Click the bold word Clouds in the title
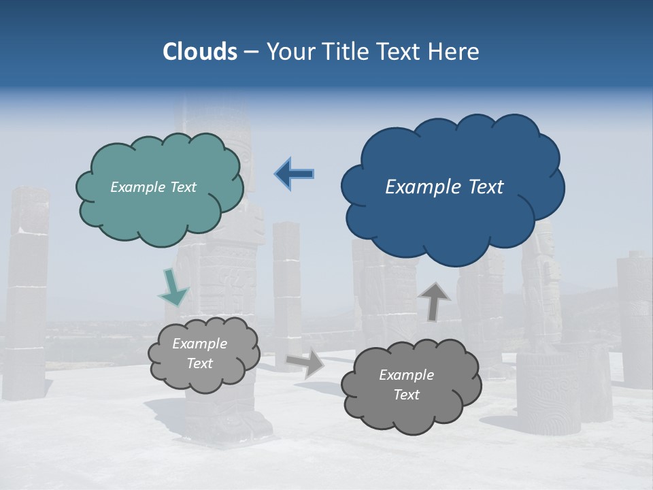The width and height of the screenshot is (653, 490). pyautogui.click(x=200, y=52)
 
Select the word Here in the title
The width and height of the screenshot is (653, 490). pyautogui.click(x=456, y=52)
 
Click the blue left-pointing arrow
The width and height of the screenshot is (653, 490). pyautogui.click(x=295, y=174)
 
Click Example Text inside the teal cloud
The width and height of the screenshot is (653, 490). pyautogui.click(x=153, y=187)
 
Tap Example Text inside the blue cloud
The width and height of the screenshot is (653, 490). pyautogui.click(x=444, y=187)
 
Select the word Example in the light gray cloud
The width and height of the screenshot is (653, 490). pyautogui.click(x=199, y=344)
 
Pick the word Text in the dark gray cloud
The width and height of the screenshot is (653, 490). pyautogui.click(x=406, y=395)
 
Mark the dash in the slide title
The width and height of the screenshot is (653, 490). pyautogui.click(x=251, y=52)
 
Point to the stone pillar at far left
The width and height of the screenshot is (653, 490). pyautogui.click(x=27, y=293)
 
